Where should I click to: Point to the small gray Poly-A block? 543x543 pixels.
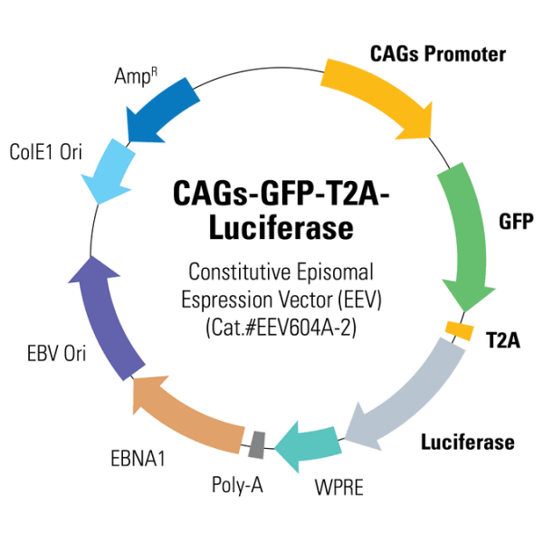click(x=257, y=443)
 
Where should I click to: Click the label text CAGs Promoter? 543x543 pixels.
click(x=438, y=54)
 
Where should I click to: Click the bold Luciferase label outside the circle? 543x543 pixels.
click(x=467, y=443)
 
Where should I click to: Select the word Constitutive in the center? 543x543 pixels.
click(x=224, y=271)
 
